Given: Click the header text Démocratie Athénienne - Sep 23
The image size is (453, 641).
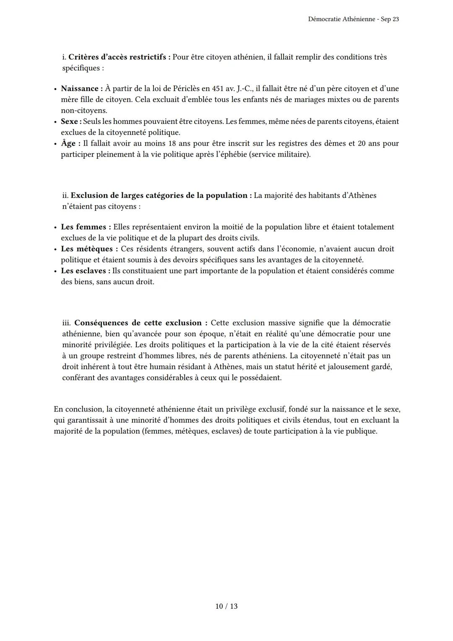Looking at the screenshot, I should click(353, 19).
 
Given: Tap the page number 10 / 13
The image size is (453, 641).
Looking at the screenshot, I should click(226, 606).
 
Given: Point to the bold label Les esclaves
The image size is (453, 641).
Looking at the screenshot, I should click(85, 271).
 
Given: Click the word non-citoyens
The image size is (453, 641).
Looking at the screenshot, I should click(84, 110).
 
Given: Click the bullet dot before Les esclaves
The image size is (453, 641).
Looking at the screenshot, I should click(55, 271).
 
